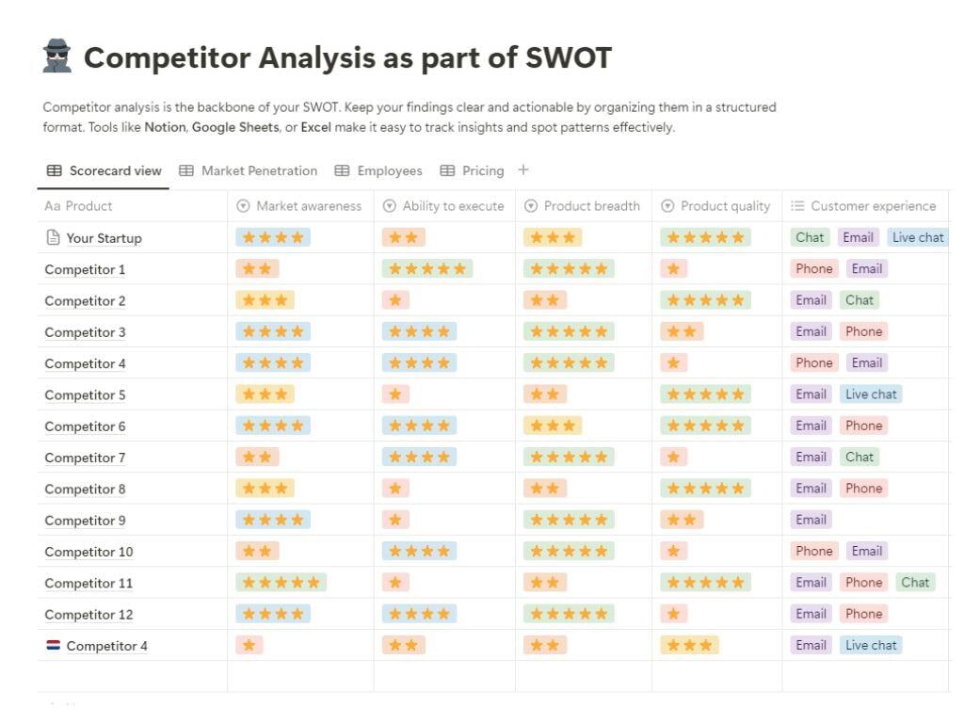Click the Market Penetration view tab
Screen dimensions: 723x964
249,170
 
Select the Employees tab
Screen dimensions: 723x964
379,170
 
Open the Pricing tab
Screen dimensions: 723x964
472,170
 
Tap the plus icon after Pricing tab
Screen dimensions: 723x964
523,170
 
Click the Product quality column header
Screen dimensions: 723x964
716,205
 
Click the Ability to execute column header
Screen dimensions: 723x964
444,205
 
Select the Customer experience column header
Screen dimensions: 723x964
864,205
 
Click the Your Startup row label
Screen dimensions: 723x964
104,238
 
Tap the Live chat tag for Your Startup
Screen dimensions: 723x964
917,237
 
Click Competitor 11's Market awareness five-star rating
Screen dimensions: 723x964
281,583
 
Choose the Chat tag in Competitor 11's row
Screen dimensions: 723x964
914,582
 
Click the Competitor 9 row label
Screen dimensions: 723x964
85,521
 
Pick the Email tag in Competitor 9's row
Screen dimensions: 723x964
811,520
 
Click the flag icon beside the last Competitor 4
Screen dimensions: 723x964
53,646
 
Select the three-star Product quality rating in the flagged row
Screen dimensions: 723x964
689,645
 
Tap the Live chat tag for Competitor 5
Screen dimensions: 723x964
870,394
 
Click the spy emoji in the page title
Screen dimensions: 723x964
57,57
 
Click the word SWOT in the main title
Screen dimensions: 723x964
568,57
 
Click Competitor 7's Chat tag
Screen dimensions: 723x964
859,457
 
